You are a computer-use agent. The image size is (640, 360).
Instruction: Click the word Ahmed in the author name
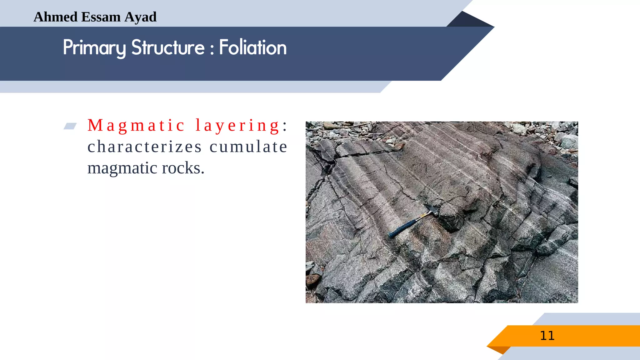click(x=56, y=17)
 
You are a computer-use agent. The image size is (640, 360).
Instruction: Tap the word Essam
click(x=101, y=17)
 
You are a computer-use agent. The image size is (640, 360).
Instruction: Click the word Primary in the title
click(x=94, y=48)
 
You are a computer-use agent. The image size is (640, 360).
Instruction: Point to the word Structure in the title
click(x=168, y=47)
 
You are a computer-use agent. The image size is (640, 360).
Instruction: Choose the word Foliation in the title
click(x=253, y=47)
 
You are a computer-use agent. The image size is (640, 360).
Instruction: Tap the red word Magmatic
click(x=136, y=126)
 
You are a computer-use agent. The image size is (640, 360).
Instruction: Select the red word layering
click(x=237, y=126)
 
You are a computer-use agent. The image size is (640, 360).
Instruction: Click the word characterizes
click(x=145, y=147)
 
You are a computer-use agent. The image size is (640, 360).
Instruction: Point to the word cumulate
click(x=248, y=147)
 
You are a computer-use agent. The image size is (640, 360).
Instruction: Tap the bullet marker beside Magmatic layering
click(x=70, y=126)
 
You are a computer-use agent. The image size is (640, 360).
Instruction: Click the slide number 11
click(x=547, y=336)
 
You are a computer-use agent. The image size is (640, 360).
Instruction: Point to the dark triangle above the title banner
click(x=467, y=20)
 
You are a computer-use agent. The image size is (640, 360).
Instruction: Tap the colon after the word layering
click(x=285, y=126)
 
